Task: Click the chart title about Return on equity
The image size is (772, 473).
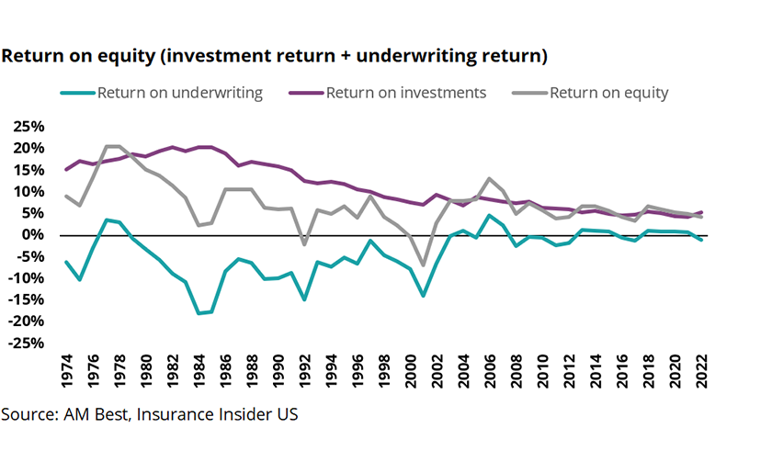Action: point(275,56)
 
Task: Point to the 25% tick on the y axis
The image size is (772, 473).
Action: point(27,127)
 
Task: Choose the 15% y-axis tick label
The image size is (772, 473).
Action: point(27,170)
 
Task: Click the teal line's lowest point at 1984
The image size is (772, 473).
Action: point(198,313)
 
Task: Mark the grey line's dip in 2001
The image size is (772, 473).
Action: point(424,265)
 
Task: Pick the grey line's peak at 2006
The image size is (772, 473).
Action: point(490,179)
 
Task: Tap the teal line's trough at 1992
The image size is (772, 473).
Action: point(304,299)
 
